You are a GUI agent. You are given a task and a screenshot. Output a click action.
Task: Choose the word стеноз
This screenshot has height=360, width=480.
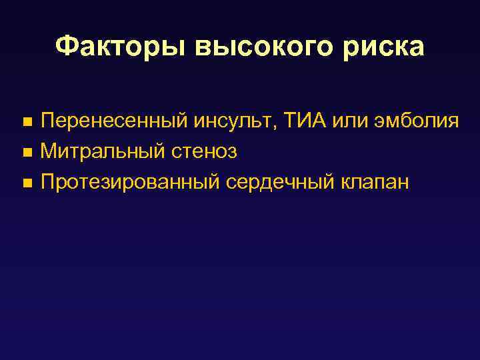[x=204, y=152]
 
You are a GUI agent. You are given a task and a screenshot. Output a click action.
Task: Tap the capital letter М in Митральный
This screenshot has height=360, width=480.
[x=48, y=152]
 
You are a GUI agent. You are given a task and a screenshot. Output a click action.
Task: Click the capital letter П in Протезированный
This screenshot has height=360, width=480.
[x=48, y=183]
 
